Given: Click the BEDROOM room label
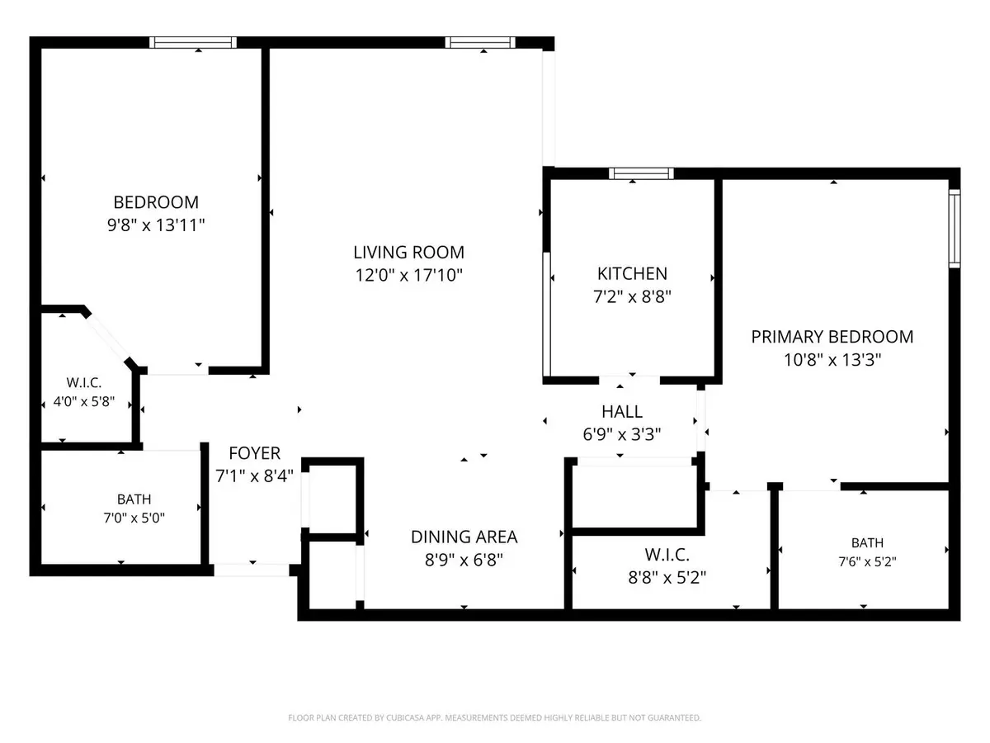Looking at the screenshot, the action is (156, 202).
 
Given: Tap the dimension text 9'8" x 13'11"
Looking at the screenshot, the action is (156, 225).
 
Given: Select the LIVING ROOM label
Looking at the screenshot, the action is (408, 252).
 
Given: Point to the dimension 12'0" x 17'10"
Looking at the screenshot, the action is (408, 275).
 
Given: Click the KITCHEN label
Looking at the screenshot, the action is (632, 274).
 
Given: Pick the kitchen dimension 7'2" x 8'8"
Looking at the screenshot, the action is (632, 297).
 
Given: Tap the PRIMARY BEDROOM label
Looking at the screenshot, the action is (832, 337).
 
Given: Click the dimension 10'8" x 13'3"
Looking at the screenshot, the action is (832, 360).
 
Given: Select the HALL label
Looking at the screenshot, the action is (622, 412).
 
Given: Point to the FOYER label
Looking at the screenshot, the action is (254, 453).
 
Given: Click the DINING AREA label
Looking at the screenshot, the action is (464, 537).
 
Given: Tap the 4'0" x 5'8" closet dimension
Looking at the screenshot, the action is (84, 401).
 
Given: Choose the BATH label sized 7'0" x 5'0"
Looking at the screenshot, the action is (134, 499).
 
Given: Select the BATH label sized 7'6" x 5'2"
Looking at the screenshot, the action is (867, 542).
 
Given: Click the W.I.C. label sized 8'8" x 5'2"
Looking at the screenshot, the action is (667, 555).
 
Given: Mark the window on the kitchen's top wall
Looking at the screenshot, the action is (641, 173).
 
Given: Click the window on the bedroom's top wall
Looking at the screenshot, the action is (193, 42).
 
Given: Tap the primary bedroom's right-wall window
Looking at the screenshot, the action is (955, 229).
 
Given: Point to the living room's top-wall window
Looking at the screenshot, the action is (480, 42).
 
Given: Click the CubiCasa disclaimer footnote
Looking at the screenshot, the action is (495, 717).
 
